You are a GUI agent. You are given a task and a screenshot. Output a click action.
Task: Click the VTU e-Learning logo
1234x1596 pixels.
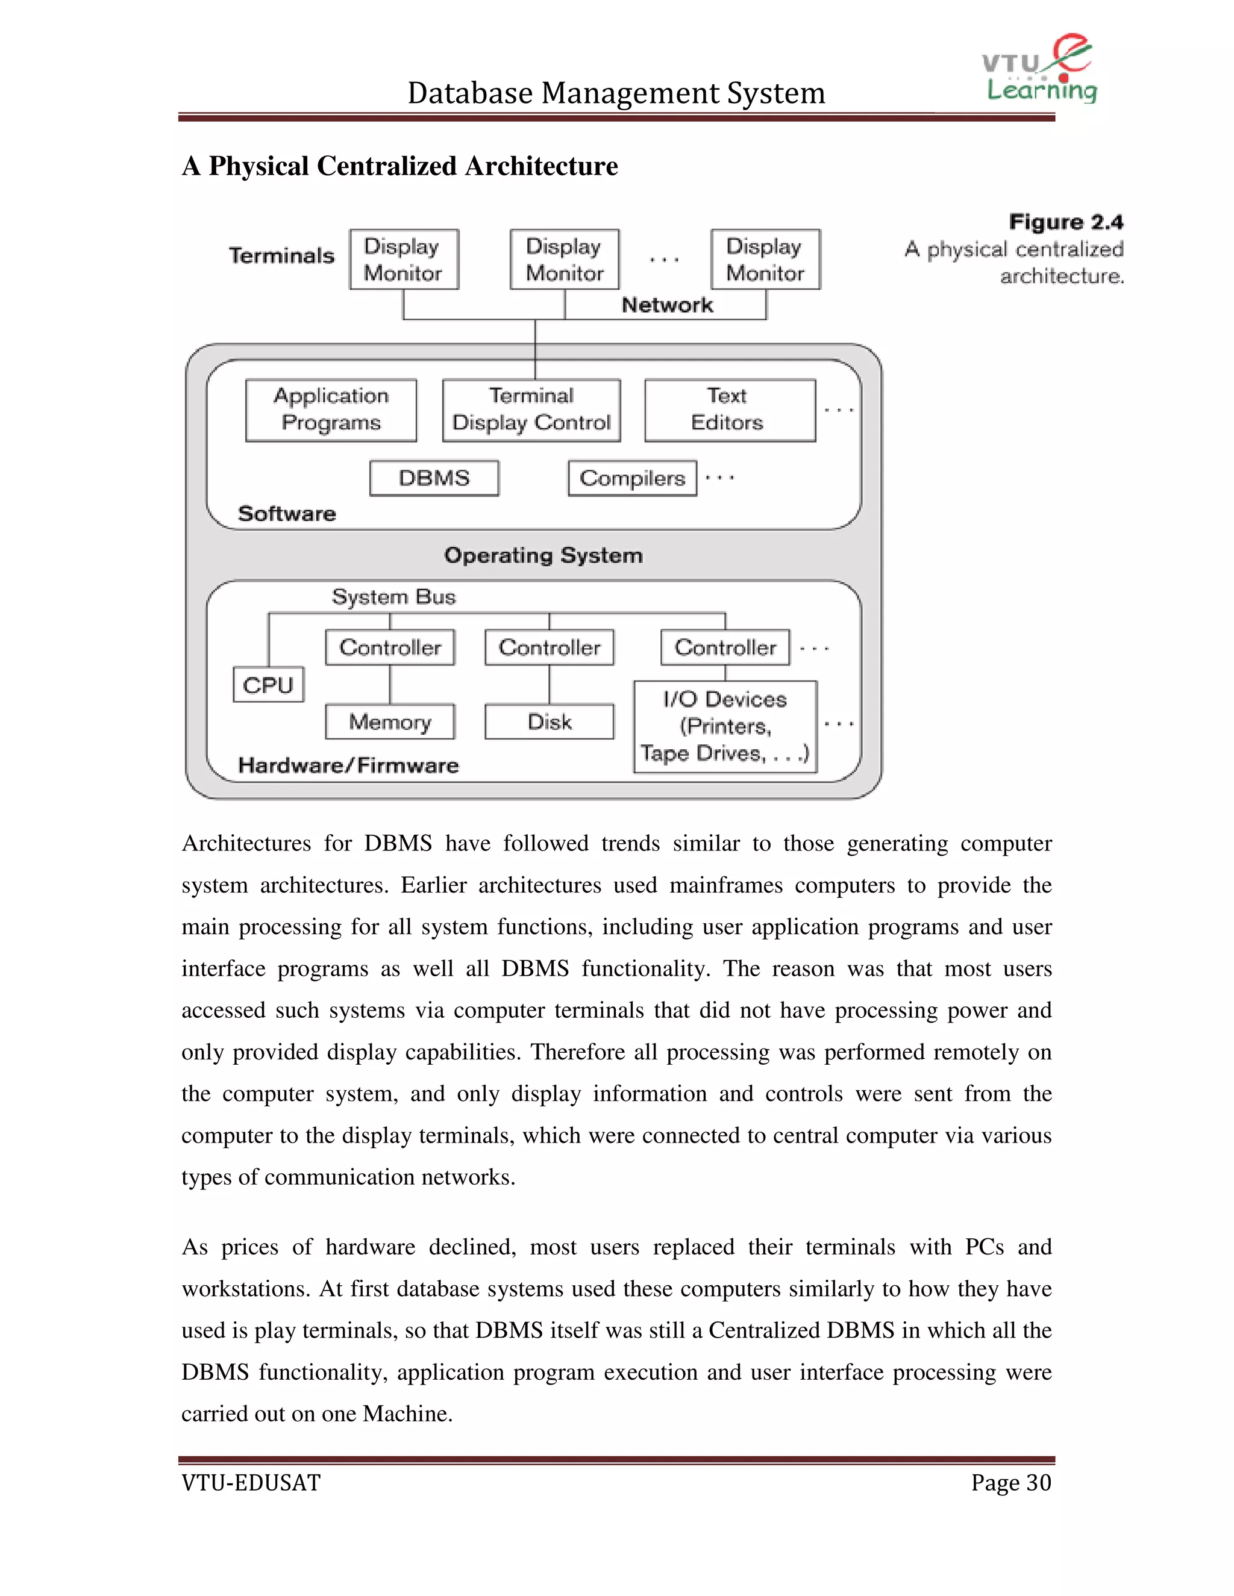[1039, 69]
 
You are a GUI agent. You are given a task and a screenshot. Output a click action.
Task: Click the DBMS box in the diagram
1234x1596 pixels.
[434, 478]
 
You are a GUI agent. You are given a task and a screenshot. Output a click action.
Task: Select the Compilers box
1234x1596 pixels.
[632, 478]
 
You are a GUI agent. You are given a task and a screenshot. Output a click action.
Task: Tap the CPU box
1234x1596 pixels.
[268, 685]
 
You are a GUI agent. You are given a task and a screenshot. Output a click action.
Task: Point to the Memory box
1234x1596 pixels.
[390, 722]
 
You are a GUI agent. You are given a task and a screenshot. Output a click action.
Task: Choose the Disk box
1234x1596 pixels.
[549, 722]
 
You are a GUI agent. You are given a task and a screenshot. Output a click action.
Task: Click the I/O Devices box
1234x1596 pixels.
[725, 726]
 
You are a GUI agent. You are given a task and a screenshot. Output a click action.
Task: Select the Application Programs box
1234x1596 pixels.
[331, 410]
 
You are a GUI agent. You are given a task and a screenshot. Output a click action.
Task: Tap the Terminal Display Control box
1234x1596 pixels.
[531, 410]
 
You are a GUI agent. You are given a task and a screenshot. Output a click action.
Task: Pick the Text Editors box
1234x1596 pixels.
[730, 410]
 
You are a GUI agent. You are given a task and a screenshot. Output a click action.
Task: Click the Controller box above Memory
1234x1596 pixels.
[390, 647]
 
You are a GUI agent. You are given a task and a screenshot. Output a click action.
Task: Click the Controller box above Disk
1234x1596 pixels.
[549, 647]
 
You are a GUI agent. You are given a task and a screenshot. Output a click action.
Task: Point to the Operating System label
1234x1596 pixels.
[543, 555]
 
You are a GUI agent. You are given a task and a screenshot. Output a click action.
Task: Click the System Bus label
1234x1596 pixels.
[393, 597]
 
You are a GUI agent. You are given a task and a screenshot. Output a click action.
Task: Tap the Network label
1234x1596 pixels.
[667, 305]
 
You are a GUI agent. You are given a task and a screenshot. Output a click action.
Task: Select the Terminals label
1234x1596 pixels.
[281, 256]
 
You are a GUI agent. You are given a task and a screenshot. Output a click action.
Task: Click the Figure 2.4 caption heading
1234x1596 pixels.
[1066, 222]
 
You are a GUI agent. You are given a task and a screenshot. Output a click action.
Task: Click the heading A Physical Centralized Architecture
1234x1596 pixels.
[400, 167]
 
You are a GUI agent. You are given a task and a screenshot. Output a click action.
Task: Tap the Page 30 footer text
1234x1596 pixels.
[1010, 1483]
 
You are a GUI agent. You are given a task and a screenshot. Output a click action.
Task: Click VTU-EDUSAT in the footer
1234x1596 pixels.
[251, 1483]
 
